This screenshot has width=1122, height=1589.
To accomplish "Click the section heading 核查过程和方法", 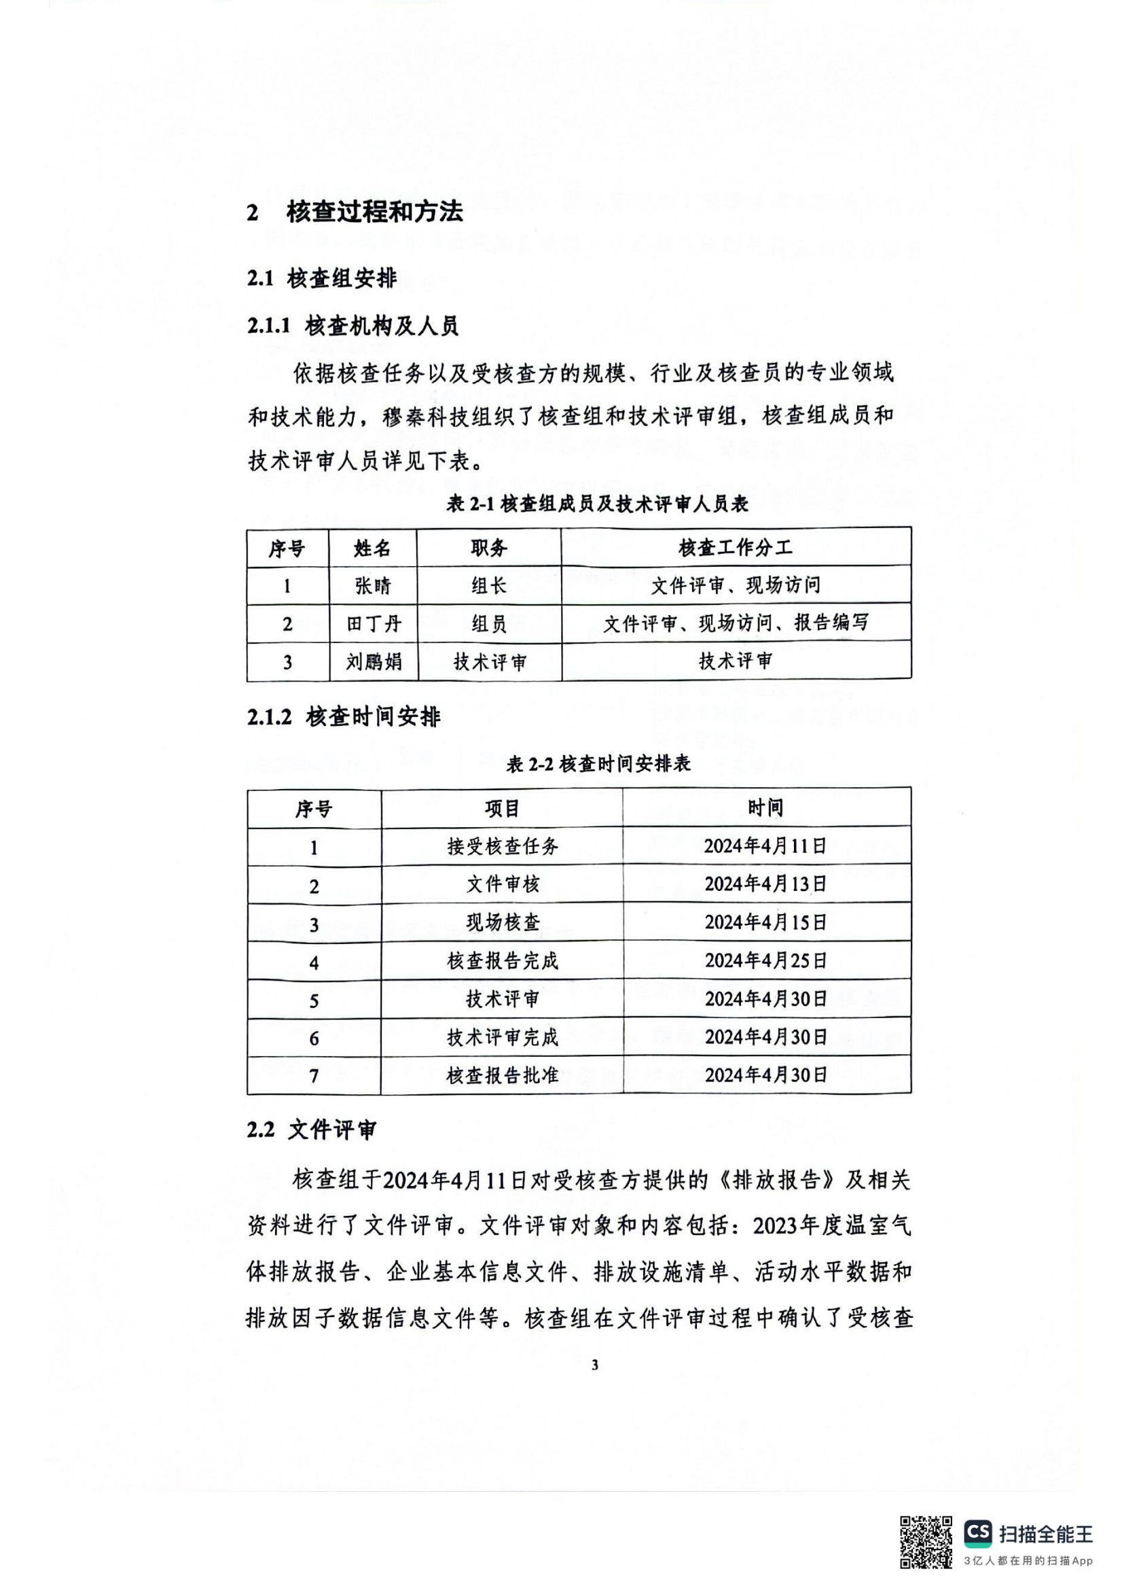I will coord(374,212).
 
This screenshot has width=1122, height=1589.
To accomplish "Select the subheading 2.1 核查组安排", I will coord(322,278).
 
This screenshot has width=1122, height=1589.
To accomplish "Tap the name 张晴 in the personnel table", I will coord(373,585).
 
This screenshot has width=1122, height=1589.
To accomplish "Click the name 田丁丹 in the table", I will coord(374,623).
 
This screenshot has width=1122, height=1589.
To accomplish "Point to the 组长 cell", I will coord(489,585).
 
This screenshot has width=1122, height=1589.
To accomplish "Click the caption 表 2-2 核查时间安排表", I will coord(598,764).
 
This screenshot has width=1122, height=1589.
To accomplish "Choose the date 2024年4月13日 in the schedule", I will coord(765,884).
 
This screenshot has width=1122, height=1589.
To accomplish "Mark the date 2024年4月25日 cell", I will coord(765,960).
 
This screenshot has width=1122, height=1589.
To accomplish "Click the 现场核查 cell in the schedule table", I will coord(502,922).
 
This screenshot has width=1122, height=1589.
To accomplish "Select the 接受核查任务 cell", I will coord(502,845).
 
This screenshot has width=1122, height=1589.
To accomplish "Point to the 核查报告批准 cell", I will coord(502,1075).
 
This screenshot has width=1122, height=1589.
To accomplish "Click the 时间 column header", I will coord(765,807).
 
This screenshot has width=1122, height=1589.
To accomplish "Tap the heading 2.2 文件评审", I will coord(312,1130).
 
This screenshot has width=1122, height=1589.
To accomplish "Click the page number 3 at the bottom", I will coord(595,1365).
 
